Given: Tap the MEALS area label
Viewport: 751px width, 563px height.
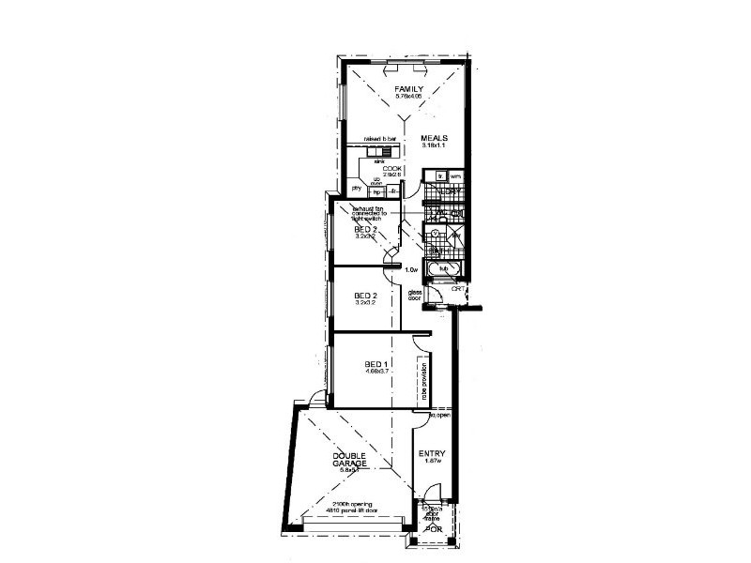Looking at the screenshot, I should click(x=434, y=138).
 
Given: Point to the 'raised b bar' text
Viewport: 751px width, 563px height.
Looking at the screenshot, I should click(x=366, y=139).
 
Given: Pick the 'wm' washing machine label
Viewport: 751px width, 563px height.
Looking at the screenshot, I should click(x=455, y=175).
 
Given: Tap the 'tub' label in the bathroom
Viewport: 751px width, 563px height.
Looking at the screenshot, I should click(x=445, y=268).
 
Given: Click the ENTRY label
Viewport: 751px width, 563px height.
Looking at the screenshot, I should click(x=433, y=453).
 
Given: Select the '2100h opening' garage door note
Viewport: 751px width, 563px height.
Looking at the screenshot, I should click(x=351, y=504).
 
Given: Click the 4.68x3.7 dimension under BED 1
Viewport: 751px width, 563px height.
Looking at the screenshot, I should click(x=377, y=372).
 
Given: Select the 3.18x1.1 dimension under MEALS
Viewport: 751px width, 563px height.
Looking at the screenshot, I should click(x=434, y=145).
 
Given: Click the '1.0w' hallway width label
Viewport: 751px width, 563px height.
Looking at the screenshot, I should click(x=410, y=270).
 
